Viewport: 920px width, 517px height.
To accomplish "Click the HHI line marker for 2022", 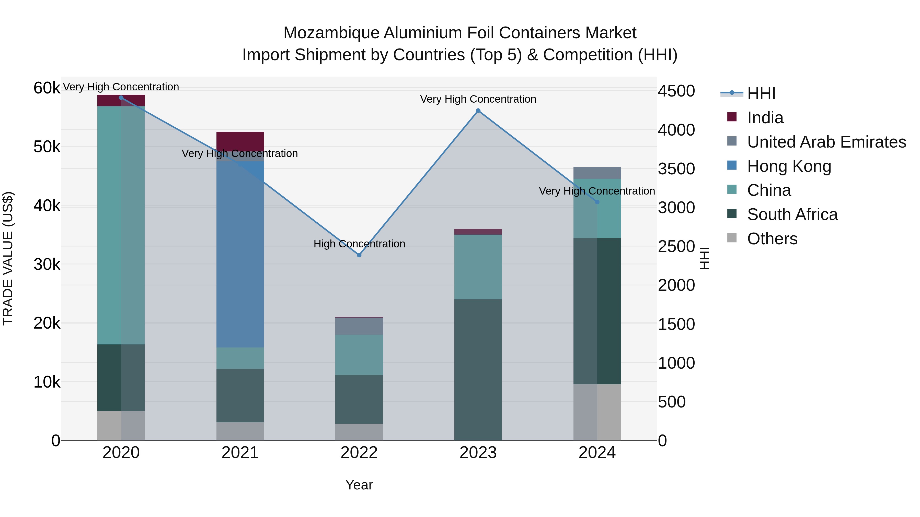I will pos(359,255).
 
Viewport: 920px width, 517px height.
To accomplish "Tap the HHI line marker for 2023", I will pos(478,111).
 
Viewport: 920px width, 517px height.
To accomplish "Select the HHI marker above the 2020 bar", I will pos(121,98).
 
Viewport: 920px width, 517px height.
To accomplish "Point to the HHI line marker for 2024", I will pos(597,202).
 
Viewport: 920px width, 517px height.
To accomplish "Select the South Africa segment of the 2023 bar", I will pos(478,369).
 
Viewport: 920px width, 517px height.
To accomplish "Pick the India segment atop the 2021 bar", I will pos(240,141).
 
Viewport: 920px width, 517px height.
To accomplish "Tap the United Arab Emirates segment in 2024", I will pos(597,173).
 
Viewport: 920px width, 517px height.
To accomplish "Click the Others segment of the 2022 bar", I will pos(359,432).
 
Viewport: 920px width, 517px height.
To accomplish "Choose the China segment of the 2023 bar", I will pos(478,267).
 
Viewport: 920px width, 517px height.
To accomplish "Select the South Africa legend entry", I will pos(792,214).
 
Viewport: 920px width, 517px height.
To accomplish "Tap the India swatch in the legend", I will pos(732,117).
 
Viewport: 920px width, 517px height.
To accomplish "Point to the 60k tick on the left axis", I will pos(47,88).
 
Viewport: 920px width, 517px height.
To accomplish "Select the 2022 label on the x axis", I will pos(359,453).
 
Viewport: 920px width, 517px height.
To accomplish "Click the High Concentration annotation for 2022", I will pos(359,244).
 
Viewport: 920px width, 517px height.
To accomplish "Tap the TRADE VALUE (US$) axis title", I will pos(8,258).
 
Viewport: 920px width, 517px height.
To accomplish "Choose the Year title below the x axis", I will pos(359,485).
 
